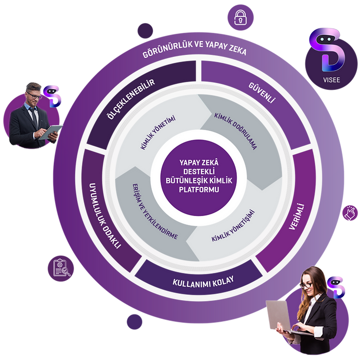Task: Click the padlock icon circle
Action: pos(240,17)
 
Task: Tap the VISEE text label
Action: pos(331,80)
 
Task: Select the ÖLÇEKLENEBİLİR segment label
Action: pos(131,99)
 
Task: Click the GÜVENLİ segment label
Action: pos(262,92)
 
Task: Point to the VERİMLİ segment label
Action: pos(297,217)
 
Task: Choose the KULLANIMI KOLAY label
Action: pos(203,281)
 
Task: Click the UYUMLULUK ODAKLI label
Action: pos(104,216)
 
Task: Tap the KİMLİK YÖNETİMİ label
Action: pos(158,132)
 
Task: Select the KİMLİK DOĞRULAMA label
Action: pos(235,131)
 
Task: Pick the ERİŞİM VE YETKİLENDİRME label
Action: pos(155,212)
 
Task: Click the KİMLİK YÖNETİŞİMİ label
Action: pos(233,225)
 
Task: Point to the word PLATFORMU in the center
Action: pos(199,190)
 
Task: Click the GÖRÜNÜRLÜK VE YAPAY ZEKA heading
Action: pos(194,48)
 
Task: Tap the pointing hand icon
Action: pos(350,213)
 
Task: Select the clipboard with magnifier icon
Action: pos(61,269)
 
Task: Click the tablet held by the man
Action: pos(50,132)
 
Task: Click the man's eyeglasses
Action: pos(34,95)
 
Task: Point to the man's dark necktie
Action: pos(34,117)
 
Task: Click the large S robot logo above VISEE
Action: pos(327,49)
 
